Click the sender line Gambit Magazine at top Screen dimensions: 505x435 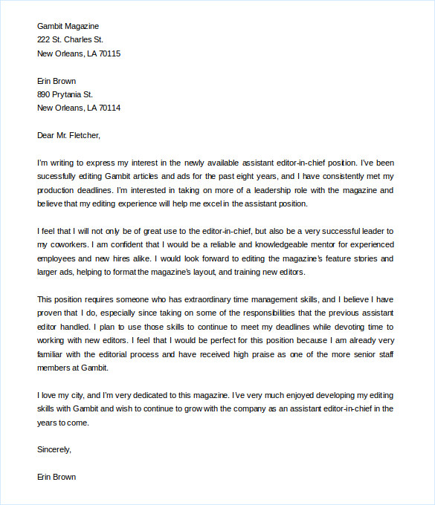point(68,26)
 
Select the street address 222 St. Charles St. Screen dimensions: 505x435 point(70,39)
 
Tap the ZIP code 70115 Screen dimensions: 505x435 point(107,53)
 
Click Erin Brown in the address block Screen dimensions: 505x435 point(57,81)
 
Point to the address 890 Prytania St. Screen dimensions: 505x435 point(65,94)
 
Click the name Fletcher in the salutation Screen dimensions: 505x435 point(83,135)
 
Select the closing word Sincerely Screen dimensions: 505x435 point(54,449)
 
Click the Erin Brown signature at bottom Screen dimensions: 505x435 point(57,477)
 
